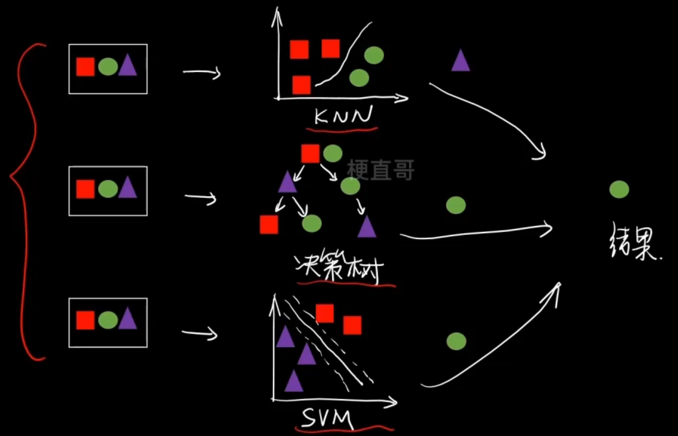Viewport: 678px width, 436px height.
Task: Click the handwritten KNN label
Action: click(x=343, y=116)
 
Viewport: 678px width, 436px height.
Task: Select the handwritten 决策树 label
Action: click(x=339, y=268)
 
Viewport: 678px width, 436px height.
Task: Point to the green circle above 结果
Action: click(x=619, y=189)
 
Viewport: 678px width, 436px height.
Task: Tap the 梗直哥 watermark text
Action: click(x=380, y=170)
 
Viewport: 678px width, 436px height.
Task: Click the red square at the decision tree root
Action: click(x=310, y=153)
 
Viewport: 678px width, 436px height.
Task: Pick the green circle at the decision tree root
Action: click(x=333, y=153)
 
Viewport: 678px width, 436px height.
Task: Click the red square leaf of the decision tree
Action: click(x=269, y=224)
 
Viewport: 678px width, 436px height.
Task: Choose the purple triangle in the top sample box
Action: click(x=128, y=66)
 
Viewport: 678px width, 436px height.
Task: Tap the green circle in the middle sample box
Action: click(x=108, y=189)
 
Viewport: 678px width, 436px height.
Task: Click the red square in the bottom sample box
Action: click(x=85, y=320)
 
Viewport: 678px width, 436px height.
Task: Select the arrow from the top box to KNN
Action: click(x=202, y=73)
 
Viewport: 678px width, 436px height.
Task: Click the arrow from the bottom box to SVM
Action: click(x=200, y=333)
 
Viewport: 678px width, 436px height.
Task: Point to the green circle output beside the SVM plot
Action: click(x=456, y=341)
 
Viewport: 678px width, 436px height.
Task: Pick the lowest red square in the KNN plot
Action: click(x=301, y=85)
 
